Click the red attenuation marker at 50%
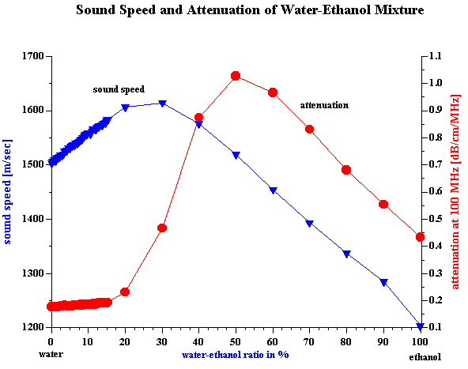pyautogui.click(x=236, y=76)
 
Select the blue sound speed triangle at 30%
pyautogui.click(x=162, y=104)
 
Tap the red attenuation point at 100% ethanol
pyautogui.click(x=420, y=237)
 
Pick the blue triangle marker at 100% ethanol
pyautogui.click(x=421, y=326)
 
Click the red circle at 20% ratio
pyautogui.click(x=125, y=292)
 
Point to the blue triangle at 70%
pyautogui.click(x=310, y=224)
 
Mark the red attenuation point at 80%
pyautogui.click(x=346, y=170)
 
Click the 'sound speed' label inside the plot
pyautogui.click(x=119, y=89)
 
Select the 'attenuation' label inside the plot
pyautogui.click(x=324, y=105)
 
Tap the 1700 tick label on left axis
pyautogui.click(x=33, y=56)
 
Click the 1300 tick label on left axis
pyautogui.click(x=33, y=273)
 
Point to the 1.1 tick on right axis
pyautogui.click(x=436, y=56)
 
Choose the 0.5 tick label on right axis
pyautogui.click(x=436, y=219)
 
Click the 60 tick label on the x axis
pyautogui.click(x=273, y=341)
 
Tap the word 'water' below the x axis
pyautogui.click(x=51, y=355)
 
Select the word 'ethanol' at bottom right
pyautogui.click(x=425, y=357)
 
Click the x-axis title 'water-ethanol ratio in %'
pyautogui.click(x=236, y=355)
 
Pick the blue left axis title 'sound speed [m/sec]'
pyautogui.click(x=7, y=192)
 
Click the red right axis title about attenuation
pyautogui.click(x=455, y=192)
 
